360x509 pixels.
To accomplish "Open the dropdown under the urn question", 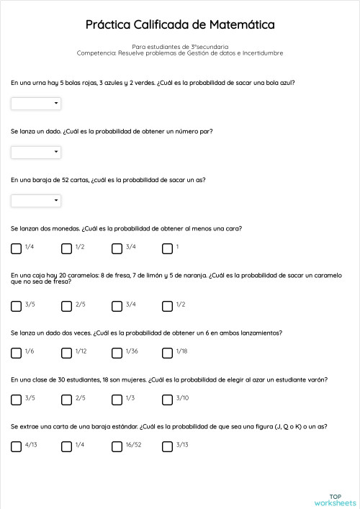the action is click(x=36, y=104).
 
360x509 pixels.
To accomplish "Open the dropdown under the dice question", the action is click(x=36, y=152).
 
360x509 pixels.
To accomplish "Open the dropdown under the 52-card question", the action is click(x=36, y=201).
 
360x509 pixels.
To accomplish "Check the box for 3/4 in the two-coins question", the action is click(x=117, y=249).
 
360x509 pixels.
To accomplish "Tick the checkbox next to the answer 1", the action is click(x=167, y=249).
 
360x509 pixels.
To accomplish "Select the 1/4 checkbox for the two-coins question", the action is click(x=16, y=249).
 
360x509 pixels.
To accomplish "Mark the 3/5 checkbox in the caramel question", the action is click(x=16, y=306).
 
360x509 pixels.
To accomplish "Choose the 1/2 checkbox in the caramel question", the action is click(x=167, y=306).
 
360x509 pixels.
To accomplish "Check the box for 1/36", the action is click(x=117, y=353).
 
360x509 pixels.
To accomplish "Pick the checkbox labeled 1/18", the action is click(x=167, y=353).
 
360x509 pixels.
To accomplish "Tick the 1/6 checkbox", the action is click(x=16, y=353).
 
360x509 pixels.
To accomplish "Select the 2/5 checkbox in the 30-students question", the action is click(x=66, y=400).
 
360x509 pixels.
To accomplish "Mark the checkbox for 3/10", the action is click(x=167, y=400).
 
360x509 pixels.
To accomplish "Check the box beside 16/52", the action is click(x=117, y=446).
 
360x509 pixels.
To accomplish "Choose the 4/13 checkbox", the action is click(x=16, y=446).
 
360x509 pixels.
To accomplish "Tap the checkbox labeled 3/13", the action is click(x=167, y=446).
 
